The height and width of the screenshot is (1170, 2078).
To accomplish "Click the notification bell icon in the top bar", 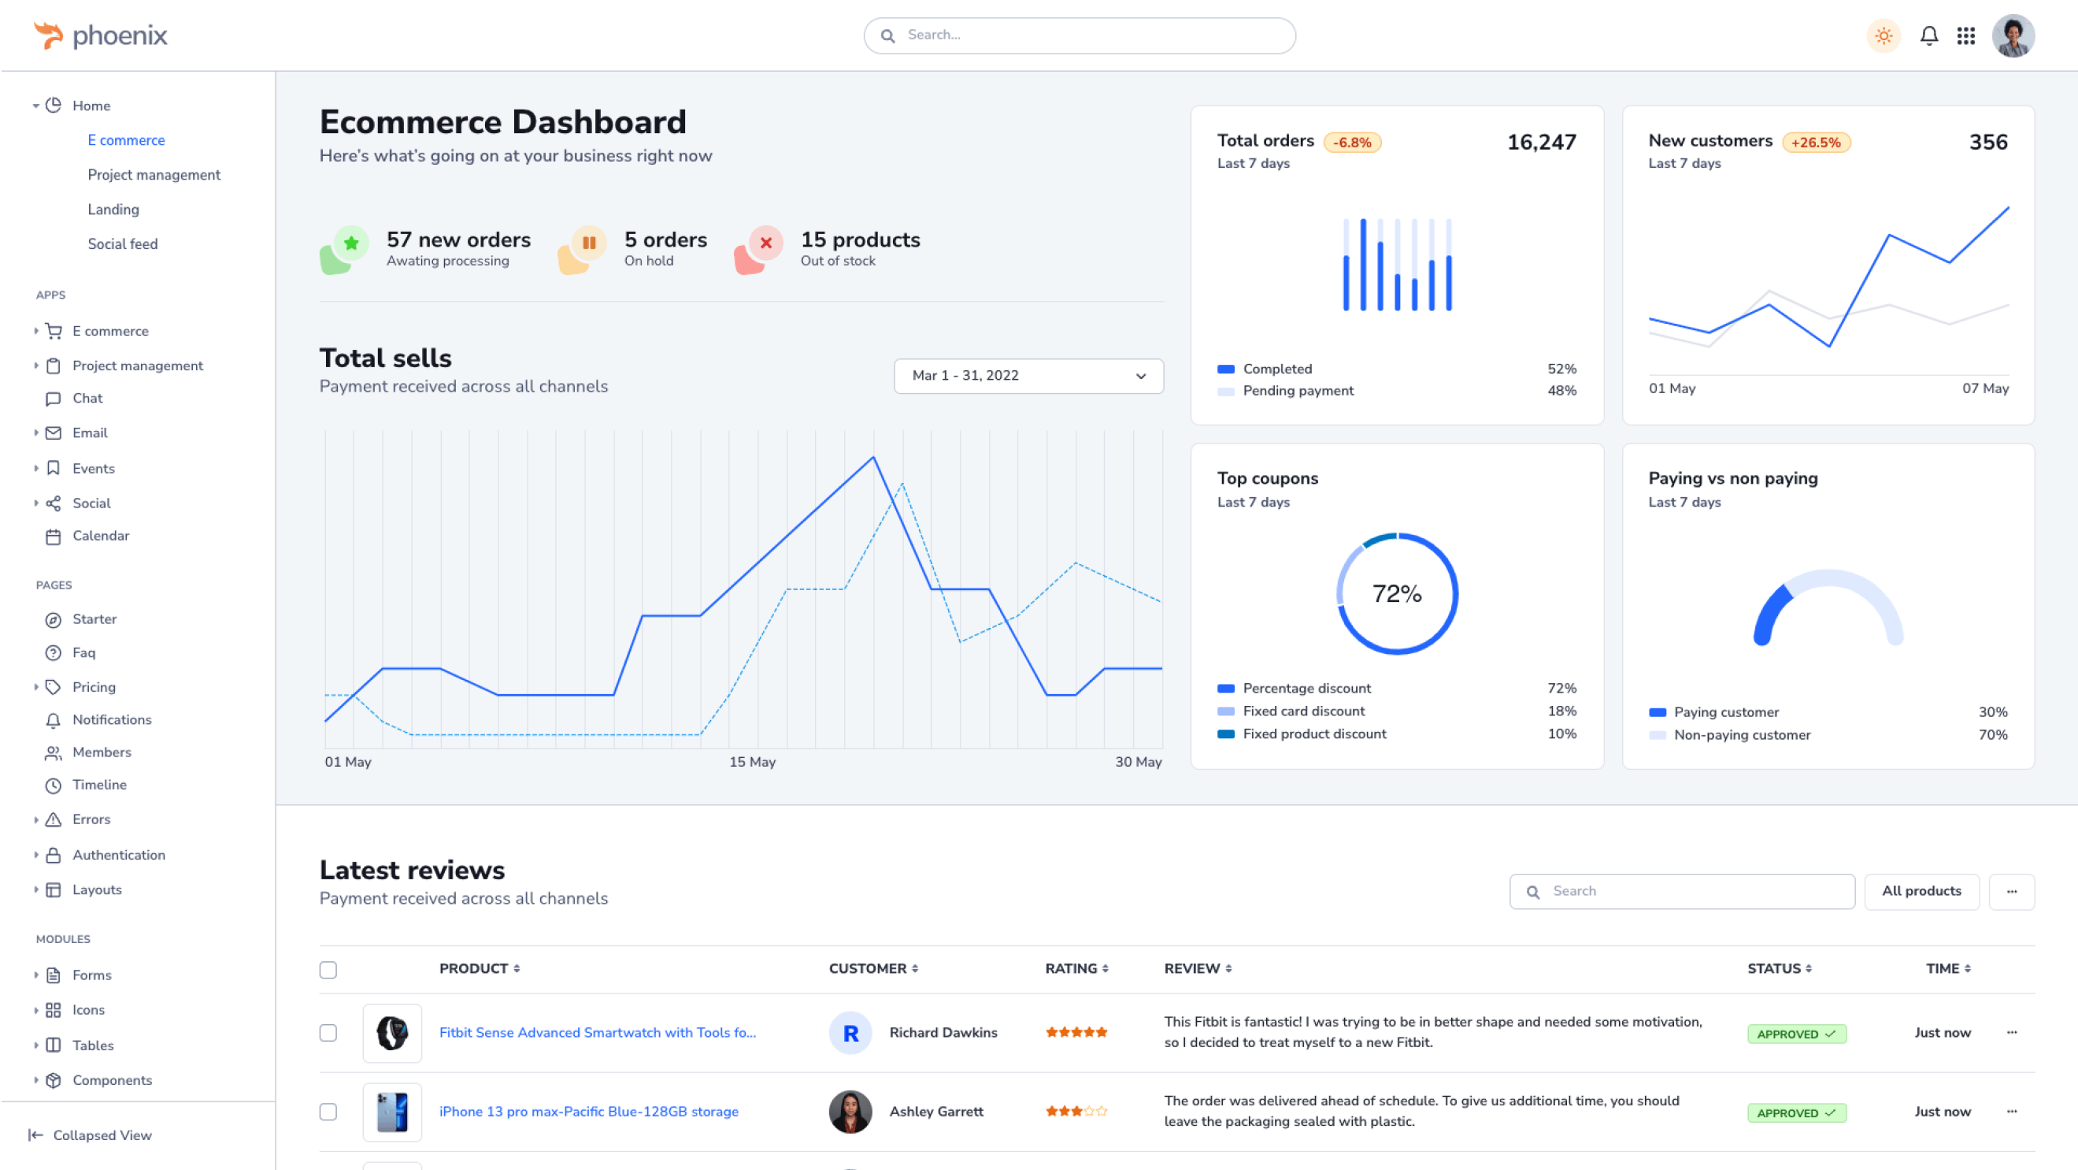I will point(1928,36).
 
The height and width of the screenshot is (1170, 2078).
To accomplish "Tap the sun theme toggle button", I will point(1884,36).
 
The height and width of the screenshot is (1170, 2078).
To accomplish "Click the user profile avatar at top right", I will point(2013,36).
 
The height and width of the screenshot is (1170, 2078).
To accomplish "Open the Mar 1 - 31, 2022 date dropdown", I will point(1028,376).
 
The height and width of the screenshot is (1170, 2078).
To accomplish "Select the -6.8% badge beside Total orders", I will point(1352,143).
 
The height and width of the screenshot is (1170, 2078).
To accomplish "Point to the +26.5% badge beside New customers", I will point(1816,143).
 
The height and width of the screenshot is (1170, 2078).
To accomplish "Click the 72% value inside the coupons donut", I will point(1397,594).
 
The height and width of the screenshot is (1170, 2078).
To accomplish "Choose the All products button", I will point(1921,891).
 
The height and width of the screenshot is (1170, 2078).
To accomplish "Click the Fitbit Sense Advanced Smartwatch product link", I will point(597,1033).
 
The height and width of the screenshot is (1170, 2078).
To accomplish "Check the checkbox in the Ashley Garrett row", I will point(328,1112).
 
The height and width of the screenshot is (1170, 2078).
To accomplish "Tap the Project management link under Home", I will point(154,175).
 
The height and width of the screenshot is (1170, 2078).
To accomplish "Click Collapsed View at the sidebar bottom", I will point(102,1135).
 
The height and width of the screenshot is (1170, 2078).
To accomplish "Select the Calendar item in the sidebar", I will point(100,536).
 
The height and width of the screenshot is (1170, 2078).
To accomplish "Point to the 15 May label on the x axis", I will point(752,762).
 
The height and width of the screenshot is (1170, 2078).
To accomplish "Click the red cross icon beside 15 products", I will point(765,242).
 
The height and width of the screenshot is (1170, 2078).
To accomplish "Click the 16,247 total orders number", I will point(1541,143).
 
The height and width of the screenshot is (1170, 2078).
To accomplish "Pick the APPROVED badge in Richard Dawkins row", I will point(1796,1034).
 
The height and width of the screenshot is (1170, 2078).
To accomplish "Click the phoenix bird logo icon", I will point(48,35).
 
